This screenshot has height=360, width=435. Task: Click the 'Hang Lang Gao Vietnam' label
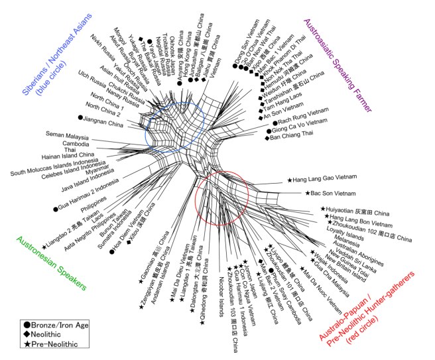(x=326, y=179)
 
